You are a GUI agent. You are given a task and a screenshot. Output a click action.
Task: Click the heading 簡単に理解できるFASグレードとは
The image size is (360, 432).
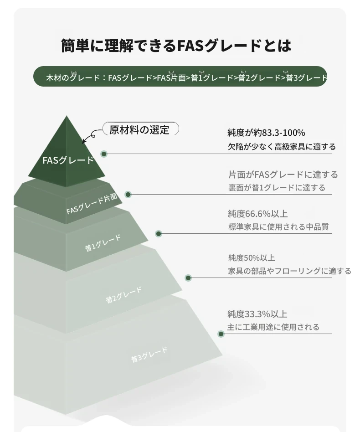pyautogui.click(x=176, y=46)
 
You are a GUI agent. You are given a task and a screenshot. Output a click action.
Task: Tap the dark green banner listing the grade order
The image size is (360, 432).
pyautogui.click(x=180, y=76)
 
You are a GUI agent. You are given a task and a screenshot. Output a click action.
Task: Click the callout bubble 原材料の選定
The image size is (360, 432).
pyautogui.click(x=141, y=129)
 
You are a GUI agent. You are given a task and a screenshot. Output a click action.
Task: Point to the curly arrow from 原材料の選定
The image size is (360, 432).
pyautogui.click(x=90, y=135)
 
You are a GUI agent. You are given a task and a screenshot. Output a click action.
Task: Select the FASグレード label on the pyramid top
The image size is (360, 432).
pyautogui.click(x=68, y=160)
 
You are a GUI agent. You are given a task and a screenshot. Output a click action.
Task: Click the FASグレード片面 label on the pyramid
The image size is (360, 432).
pyautogui.click(x=92, y=204)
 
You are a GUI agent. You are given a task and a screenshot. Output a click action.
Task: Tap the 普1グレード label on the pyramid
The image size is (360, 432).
pyautogui.click(x=103, y=243)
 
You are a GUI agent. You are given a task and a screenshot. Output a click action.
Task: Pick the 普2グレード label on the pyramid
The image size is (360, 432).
pyautogui.click(x=124, y=295)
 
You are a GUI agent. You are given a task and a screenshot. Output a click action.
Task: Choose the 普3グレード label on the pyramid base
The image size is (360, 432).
pyautogui.click(x=149, y=355)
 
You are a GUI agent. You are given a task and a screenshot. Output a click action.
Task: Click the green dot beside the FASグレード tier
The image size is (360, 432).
pyautogui.click(x=104, y=154)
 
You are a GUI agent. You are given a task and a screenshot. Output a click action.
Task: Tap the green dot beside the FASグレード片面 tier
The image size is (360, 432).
pyautogui.click(x=128, y=195)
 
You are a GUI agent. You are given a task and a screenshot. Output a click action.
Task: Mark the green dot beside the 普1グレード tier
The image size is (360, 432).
pyautogui.click(x=159, y=234)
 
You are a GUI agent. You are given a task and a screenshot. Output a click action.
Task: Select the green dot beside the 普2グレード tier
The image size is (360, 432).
pyautogui.click(x=188, y=278)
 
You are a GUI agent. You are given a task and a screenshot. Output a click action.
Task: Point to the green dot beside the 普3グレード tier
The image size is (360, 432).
pyautogui.click(x=221, y=334)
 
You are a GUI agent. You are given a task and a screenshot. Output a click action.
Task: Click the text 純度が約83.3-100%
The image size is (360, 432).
pyautogui.click(x=266, y=133)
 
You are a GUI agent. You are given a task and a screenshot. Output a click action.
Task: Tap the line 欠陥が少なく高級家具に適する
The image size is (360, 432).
pyautogui.click(x=282, y=147)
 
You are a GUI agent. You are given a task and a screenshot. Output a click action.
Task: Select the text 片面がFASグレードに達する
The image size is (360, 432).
pyautogui.click(x=283, y=175)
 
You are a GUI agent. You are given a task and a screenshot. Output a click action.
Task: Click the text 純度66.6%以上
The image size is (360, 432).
pyautogui.click(x=258, y=214)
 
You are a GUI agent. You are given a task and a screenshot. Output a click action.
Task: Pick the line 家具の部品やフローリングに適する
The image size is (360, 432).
pyautogui.click(x=289, y=271)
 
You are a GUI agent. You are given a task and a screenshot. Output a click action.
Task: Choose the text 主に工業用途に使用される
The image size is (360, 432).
pyautogui.click(x=273, y=327)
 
